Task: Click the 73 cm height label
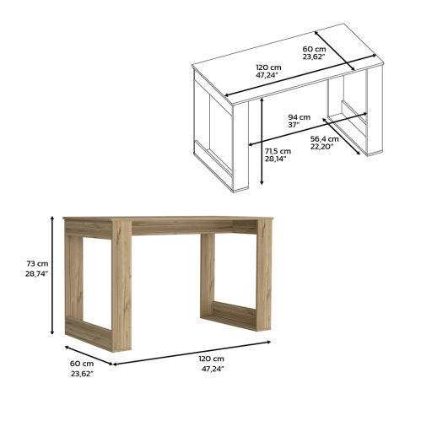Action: pyautogui.click(x=37, y=264)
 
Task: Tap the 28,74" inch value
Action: pyautogui.click(x=37, y=274)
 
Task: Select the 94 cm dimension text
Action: pyautogui.click(x=300, y=117)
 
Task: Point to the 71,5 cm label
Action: pyautogui.click(x=278, y=151)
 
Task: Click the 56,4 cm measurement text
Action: pyautogui.click(x=325, y=139)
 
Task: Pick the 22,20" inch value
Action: pyautogui.click(x=322, y=146)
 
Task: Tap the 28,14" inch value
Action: pyautogui.click(x=276, y=159)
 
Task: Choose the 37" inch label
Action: pyautogui.click(x=294, y=125)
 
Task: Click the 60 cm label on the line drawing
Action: pyautogui.click(x=314, y=49)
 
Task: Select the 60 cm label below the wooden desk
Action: pyautogui.click(x=82, y=364)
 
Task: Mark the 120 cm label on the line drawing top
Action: pyautogui.click(x=268, y=67)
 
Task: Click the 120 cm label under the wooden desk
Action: pyautogui.click(x=212, y=359)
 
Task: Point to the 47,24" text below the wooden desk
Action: pyautogui.click(x=213, y=369)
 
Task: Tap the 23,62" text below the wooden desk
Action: pyautogui.click(x=82, y=374)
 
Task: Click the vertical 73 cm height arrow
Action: pyautogui.click(x=52, y=275)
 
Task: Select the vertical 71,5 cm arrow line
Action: pyautogui.click(x=262, y=141)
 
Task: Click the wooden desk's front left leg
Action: pyautogui.click(x=121, y=285)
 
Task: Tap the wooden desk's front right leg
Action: pyautogui.click(x=263, y=275)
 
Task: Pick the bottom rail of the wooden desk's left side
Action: pyautogui.click(x=89, y=333)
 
